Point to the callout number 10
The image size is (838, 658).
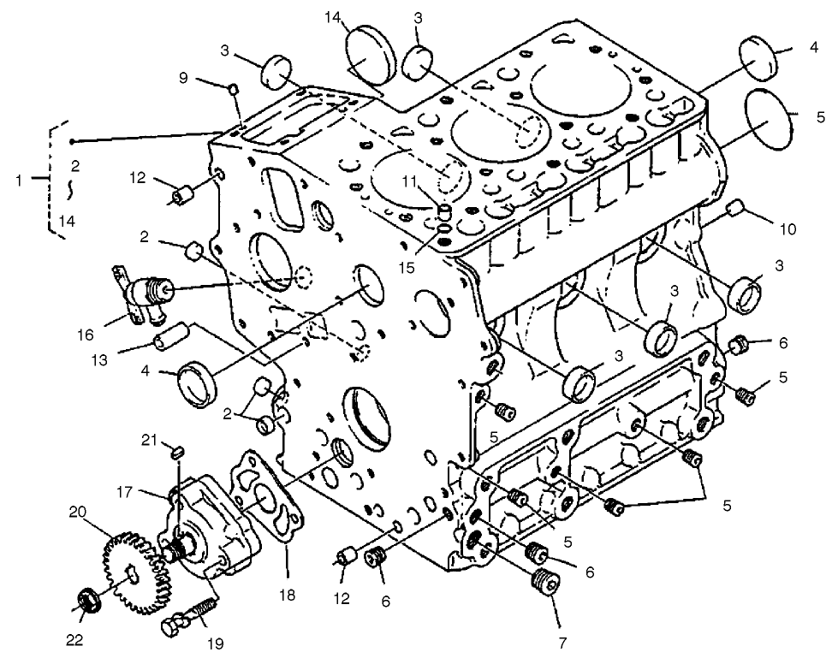(x=787, y=229)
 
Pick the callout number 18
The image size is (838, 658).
(x=287, y=594)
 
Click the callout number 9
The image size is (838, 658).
(x=183, y=76)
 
